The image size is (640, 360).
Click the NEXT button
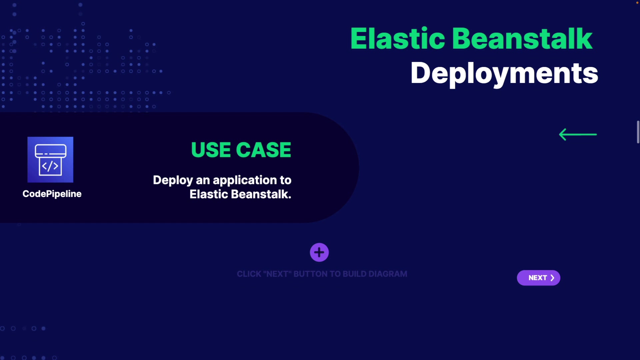tap(538, 278)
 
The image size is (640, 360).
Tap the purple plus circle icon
tap(319, 252)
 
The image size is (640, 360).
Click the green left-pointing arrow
tap(578, 134)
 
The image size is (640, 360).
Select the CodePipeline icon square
tap(50, 159)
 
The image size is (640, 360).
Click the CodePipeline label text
tap(52, 194)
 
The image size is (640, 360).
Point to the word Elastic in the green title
tap(397, 39)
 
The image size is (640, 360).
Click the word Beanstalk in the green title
tap(522, 39)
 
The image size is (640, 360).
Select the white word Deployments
tap(504, 73)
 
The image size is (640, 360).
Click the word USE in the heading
tap(211, 150)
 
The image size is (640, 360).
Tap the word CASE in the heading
tap(264, 150)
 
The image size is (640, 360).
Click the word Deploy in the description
tap(173, 180)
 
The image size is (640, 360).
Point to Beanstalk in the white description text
tap(261, 194)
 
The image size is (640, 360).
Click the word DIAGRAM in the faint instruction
tap(388, 274)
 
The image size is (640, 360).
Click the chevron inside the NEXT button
tap(552, 278)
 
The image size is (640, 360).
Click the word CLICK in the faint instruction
tap(249, 274)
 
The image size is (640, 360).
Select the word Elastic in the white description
tap(209, 194)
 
